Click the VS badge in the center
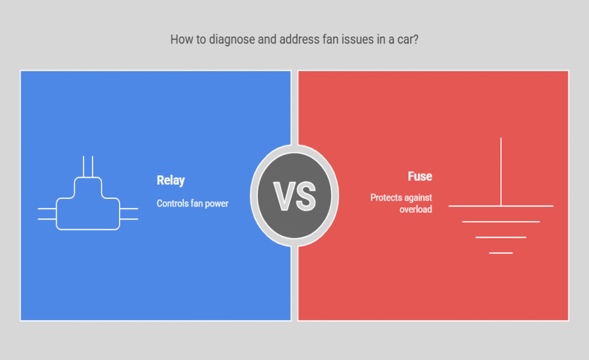point(294,196)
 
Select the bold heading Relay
point(170,181)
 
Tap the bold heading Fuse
point(420,176)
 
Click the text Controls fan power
point(192,204)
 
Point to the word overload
point(416,209)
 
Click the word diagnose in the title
point(232,40)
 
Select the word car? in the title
point(408,40)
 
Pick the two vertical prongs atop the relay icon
point(88,166)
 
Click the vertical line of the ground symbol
point(501,172)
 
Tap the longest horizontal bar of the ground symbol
point(501,206)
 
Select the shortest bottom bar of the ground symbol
point(501,253)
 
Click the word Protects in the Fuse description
point(384,197)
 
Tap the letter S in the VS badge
point(305,196)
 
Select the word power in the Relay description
point(216,204)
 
